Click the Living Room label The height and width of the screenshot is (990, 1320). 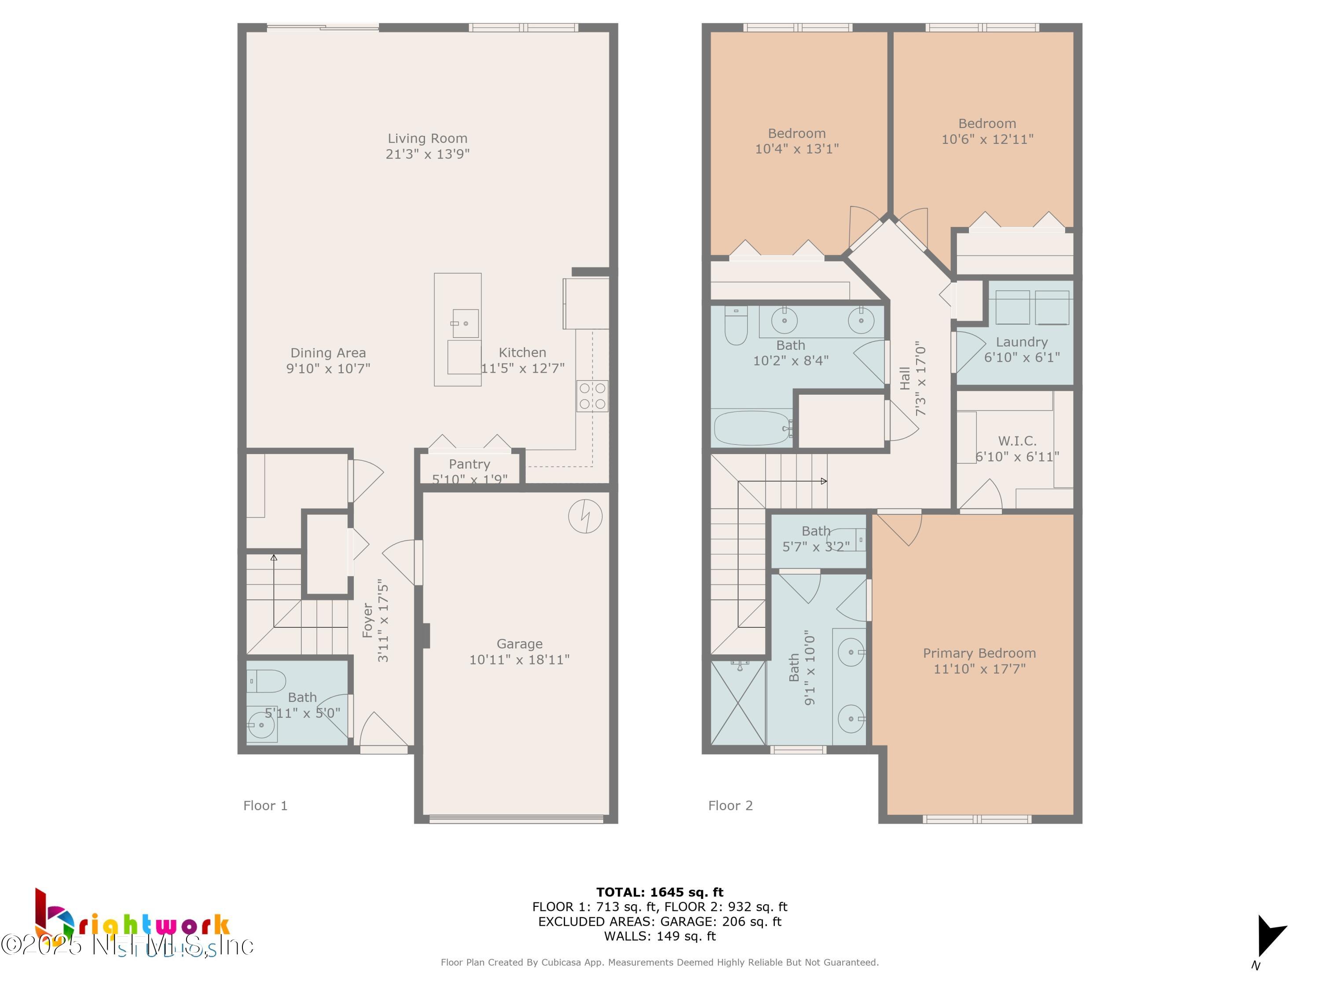[x=427, y=139]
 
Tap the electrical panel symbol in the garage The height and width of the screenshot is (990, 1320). [x=585, y=516]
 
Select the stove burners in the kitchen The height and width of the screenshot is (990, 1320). [x=592, y=396]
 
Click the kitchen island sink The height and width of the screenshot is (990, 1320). [x=465, y=323]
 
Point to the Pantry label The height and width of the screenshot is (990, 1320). [x=469, y=464]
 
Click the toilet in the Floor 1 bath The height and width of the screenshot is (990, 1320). [x=267, y=681]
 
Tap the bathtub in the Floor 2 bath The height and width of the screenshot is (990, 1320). [x=752, y=428]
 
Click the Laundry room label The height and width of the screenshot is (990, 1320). [x=1022, y=342]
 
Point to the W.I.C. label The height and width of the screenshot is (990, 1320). [x=1017, y=441]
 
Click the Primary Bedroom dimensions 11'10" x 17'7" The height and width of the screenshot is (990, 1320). [x=979, y=669]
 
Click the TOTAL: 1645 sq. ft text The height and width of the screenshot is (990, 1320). [x=660, y=892]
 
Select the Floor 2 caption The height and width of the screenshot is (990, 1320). [x=730, y=806]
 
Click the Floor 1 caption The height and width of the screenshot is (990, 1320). [x=265, y=806]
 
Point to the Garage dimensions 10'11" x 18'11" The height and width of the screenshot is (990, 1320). [x=519, y=660]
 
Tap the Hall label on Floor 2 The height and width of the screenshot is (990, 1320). [x=905, y=378]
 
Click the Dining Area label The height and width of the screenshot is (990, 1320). [x=328, y=353]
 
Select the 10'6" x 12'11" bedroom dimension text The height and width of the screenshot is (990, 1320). [x=987, y=139]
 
